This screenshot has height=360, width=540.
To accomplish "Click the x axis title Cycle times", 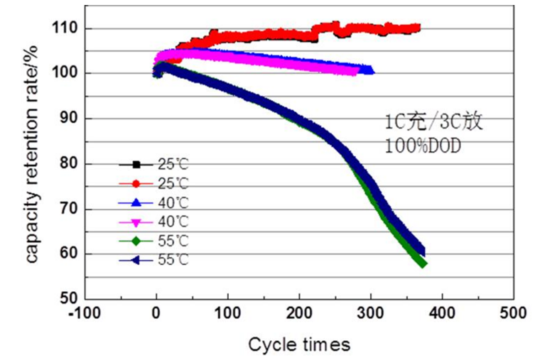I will click(299, 345).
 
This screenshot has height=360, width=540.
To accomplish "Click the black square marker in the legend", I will click(136, 164).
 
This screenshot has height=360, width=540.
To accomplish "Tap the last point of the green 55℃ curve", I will click(423, 263).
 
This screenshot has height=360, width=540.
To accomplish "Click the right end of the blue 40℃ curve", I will click(369, 70).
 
